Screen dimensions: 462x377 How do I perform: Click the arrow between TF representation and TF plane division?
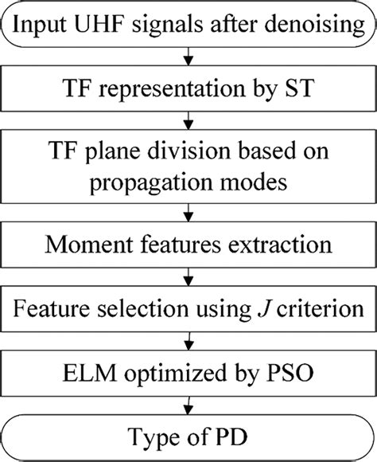tap(188, 126)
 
